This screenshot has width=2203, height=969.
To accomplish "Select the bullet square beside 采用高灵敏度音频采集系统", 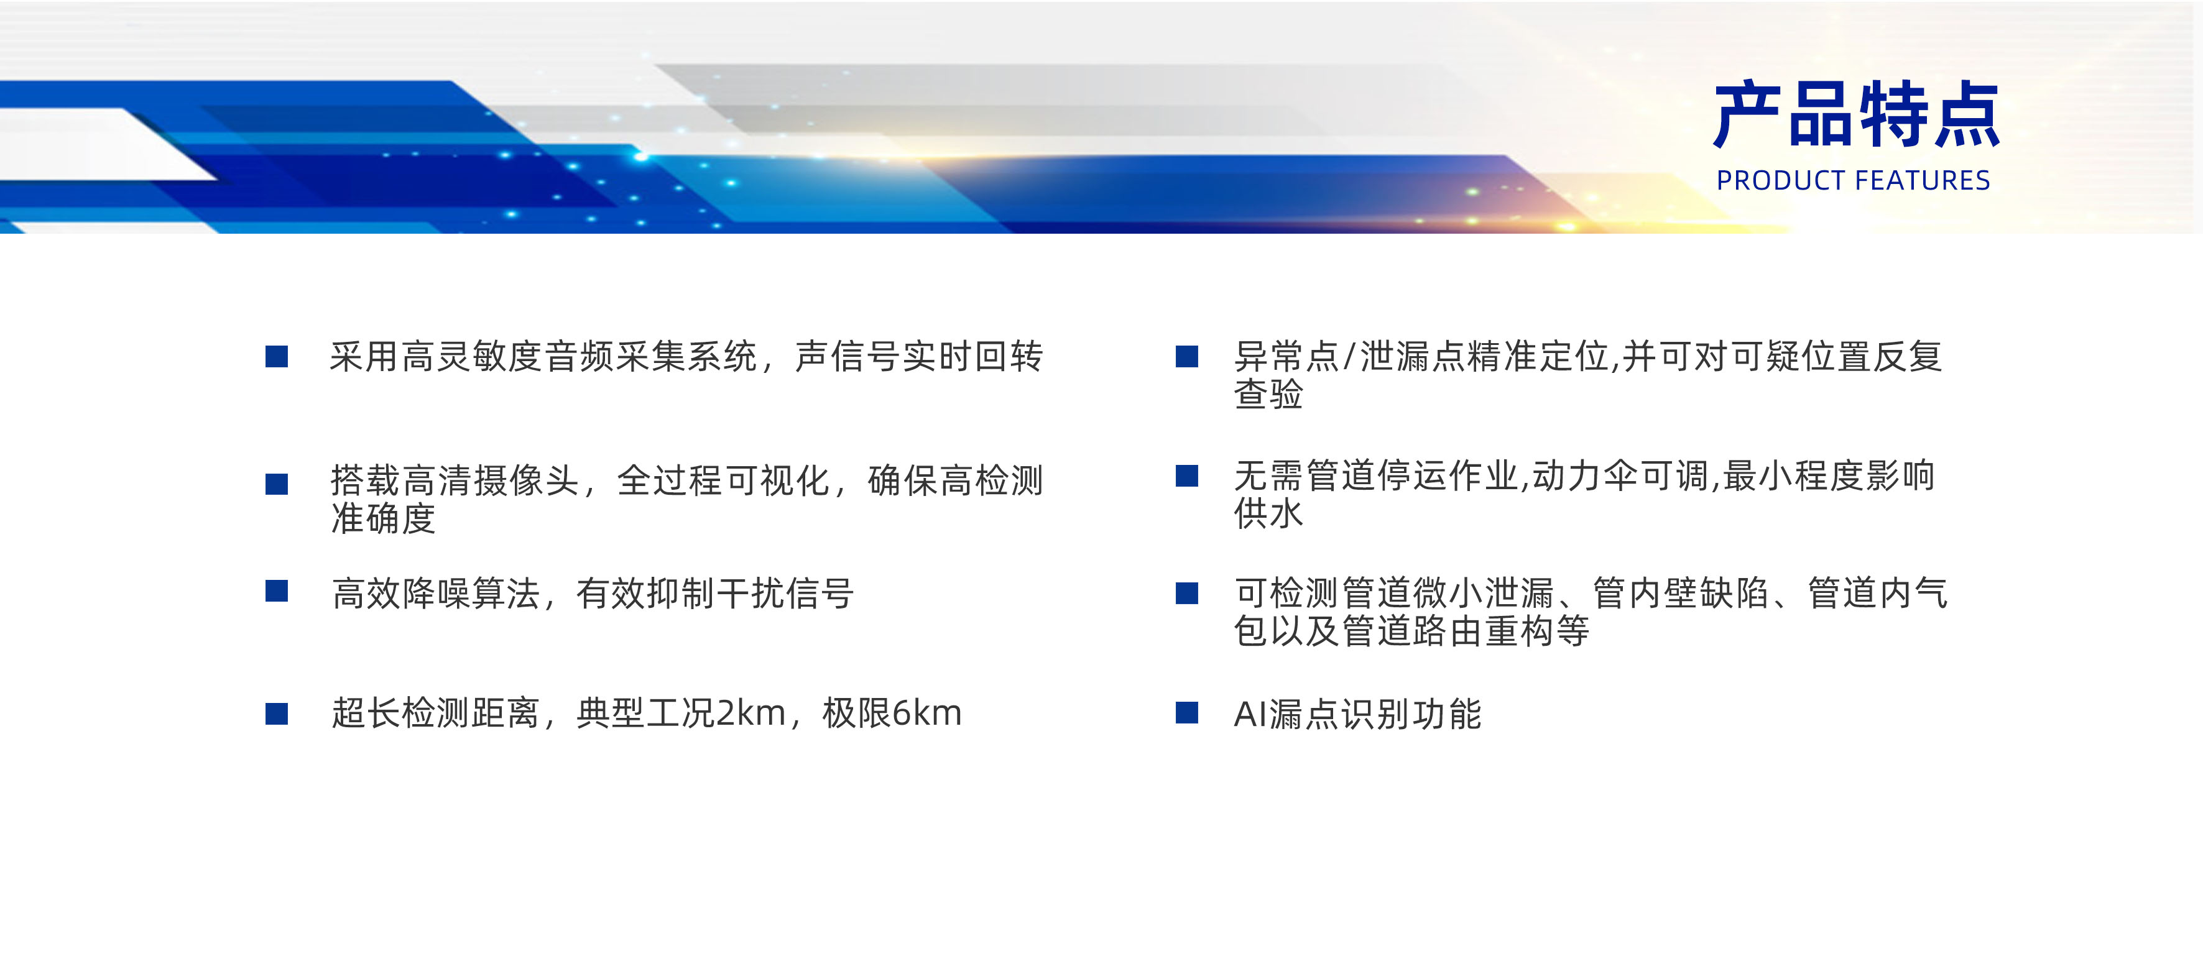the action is pyautogui.click(x=276, y=357).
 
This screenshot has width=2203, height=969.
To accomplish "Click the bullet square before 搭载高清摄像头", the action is pyautogui.click(x=276, y=484).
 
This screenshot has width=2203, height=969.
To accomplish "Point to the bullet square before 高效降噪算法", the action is pyautogui.click(x=276, y=591).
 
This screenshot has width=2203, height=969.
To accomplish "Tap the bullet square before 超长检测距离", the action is pyautogui.click(x=276, y=714).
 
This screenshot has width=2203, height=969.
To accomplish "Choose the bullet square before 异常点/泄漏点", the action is pyautogui.click(x=1187, y=357).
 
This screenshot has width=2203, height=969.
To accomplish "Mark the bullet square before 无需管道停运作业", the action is pyautogui.click(x=1187, y=475).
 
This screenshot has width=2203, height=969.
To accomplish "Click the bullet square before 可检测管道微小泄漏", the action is pyautogui.click(x=1187, y=593).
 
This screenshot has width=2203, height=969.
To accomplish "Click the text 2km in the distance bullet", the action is pyautogui.click(x=750, y=714).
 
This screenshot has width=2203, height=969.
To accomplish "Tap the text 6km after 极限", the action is pyautogui.click(x=927, y=714).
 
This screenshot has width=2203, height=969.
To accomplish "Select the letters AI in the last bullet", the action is pyautogui.click(x=1250, y=714).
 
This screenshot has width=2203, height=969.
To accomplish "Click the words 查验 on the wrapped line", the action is pyautogui.click(x=1268, y=394).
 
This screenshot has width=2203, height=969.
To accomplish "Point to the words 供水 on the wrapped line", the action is pyautogui.click(x=1268, y=513).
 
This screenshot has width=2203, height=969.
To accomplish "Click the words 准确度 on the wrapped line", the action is pyautogui.click(x=384, y=518).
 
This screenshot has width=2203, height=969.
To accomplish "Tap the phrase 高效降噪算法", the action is pyautogui.click(x=436, y=594).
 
